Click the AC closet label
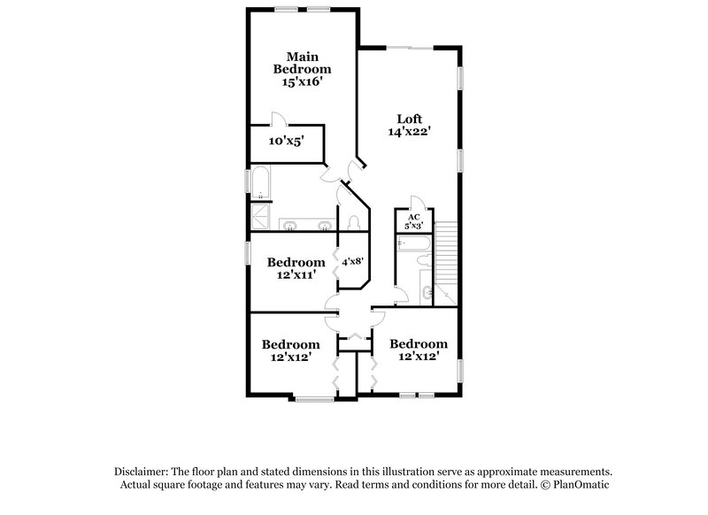413,221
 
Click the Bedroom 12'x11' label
296,268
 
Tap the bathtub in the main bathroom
260,182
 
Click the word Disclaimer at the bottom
142,473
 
